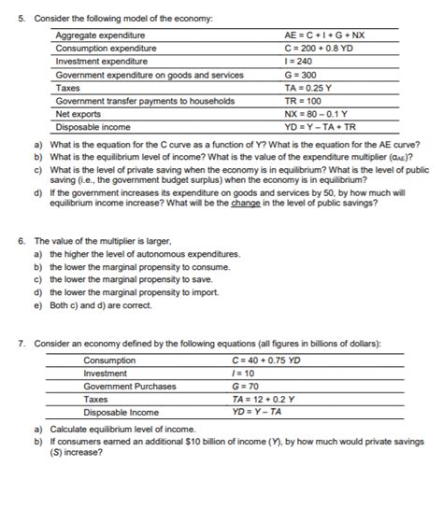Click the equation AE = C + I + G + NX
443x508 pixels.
pyautogui.click(x=324, y=35)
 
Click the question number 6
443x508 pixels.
pyautogui.click(x=21, y=240)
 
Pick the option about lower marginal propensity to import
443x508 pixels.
pyautogui.click(x=136, y=291)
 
